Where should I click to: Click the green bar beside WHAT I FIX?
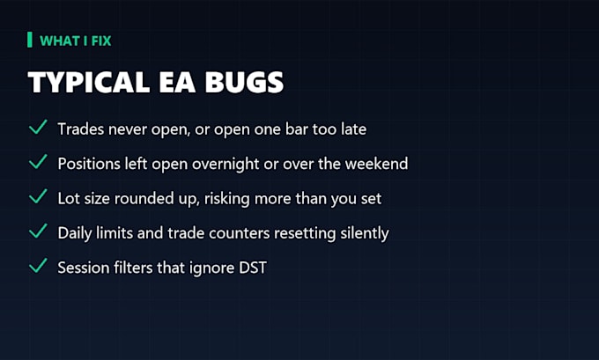(x=30, y=40)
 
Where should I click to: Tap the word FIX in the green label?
(x=101, y=40)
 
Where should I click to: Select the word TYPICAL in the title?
(x=89, y=82)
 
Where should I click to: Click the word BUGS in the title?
(x=244, y=82)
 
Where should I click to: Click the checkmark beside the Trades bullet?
(x=38, y=127)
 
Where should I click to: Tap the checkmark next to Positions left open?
(x=38, y=161)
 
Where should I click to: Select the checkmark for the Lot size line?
(x=38, y=196)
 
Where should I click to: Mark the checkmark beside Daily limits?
(x=38, y=231)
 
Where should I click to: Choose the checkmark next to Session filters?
(x=38, y=266)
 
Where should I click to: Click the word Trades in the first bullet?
(x=81, y=129)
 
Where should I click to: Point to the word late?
(x=353, y=129)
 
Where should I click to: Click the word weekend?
(x=376, y=164)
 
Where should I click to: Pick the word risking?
(x=227, y=199)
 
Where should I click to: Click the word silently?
(x=365, y=233)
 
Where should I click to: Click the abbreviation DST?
(x=253, y=268)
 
